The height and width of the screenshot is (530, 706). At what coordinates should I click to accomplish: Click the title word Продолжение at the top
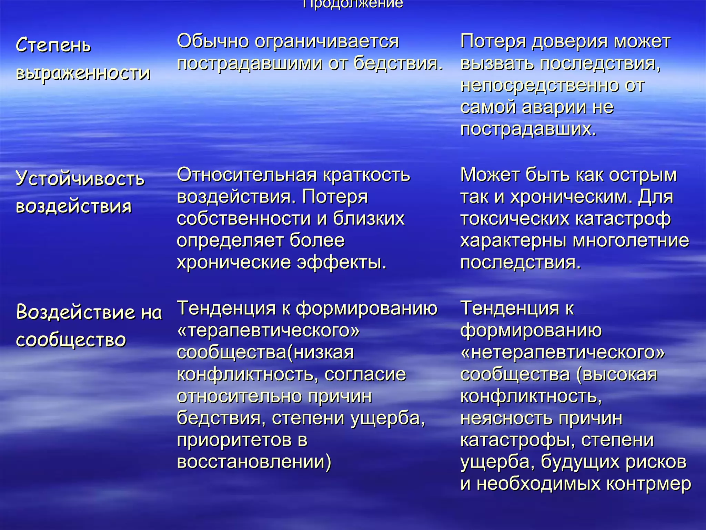[353, 4]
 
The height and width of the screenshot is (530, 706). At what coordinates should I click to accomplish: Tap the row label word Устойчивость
[80, 179]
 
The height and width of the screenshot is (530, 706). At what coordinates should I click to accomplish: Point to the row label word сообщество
[71, 340]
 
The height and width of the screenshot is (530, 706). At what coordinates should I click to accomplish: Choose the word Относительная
[246, 175]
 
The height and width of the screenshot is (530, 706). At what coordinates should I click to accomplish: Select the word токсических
[515, 218]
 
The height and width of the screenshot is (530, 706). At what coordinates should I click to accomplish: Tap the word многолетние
[631, 241]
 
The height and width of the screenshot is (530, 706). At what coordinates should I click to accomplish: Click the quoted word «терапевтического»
[268, 330]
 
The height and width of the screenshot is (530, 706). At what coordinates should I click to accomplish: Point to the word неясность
[507, 418]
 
